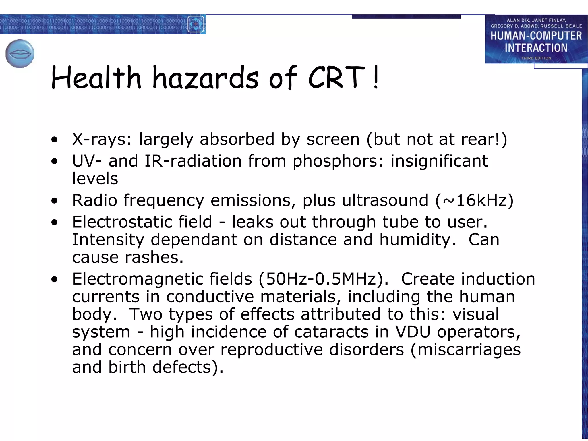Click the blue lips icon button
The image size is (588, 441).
(20, 54)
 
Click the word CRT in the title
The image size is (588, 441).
(336, 77)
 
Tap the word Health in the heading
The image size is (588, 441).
(96, 77)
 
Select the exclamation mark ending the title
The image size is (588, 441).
(376, 77)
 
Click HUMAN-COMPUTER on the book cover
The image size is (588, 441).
(536, 36)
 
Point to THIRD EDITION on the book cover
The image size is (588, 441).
(536, 58)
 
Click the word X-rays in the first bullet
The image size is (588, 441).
(102, 140)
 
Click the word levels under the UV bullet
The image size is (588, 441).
(95, 179)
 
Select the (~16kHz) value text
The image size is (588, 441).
(474, 200)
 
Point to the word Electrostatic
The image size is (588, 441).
(142, 222)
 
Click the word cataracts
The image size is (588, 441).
(331, 332)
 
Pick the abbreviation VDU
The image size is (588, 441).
(413, 332)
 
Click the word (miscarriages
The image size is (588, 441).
(465, 350)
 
